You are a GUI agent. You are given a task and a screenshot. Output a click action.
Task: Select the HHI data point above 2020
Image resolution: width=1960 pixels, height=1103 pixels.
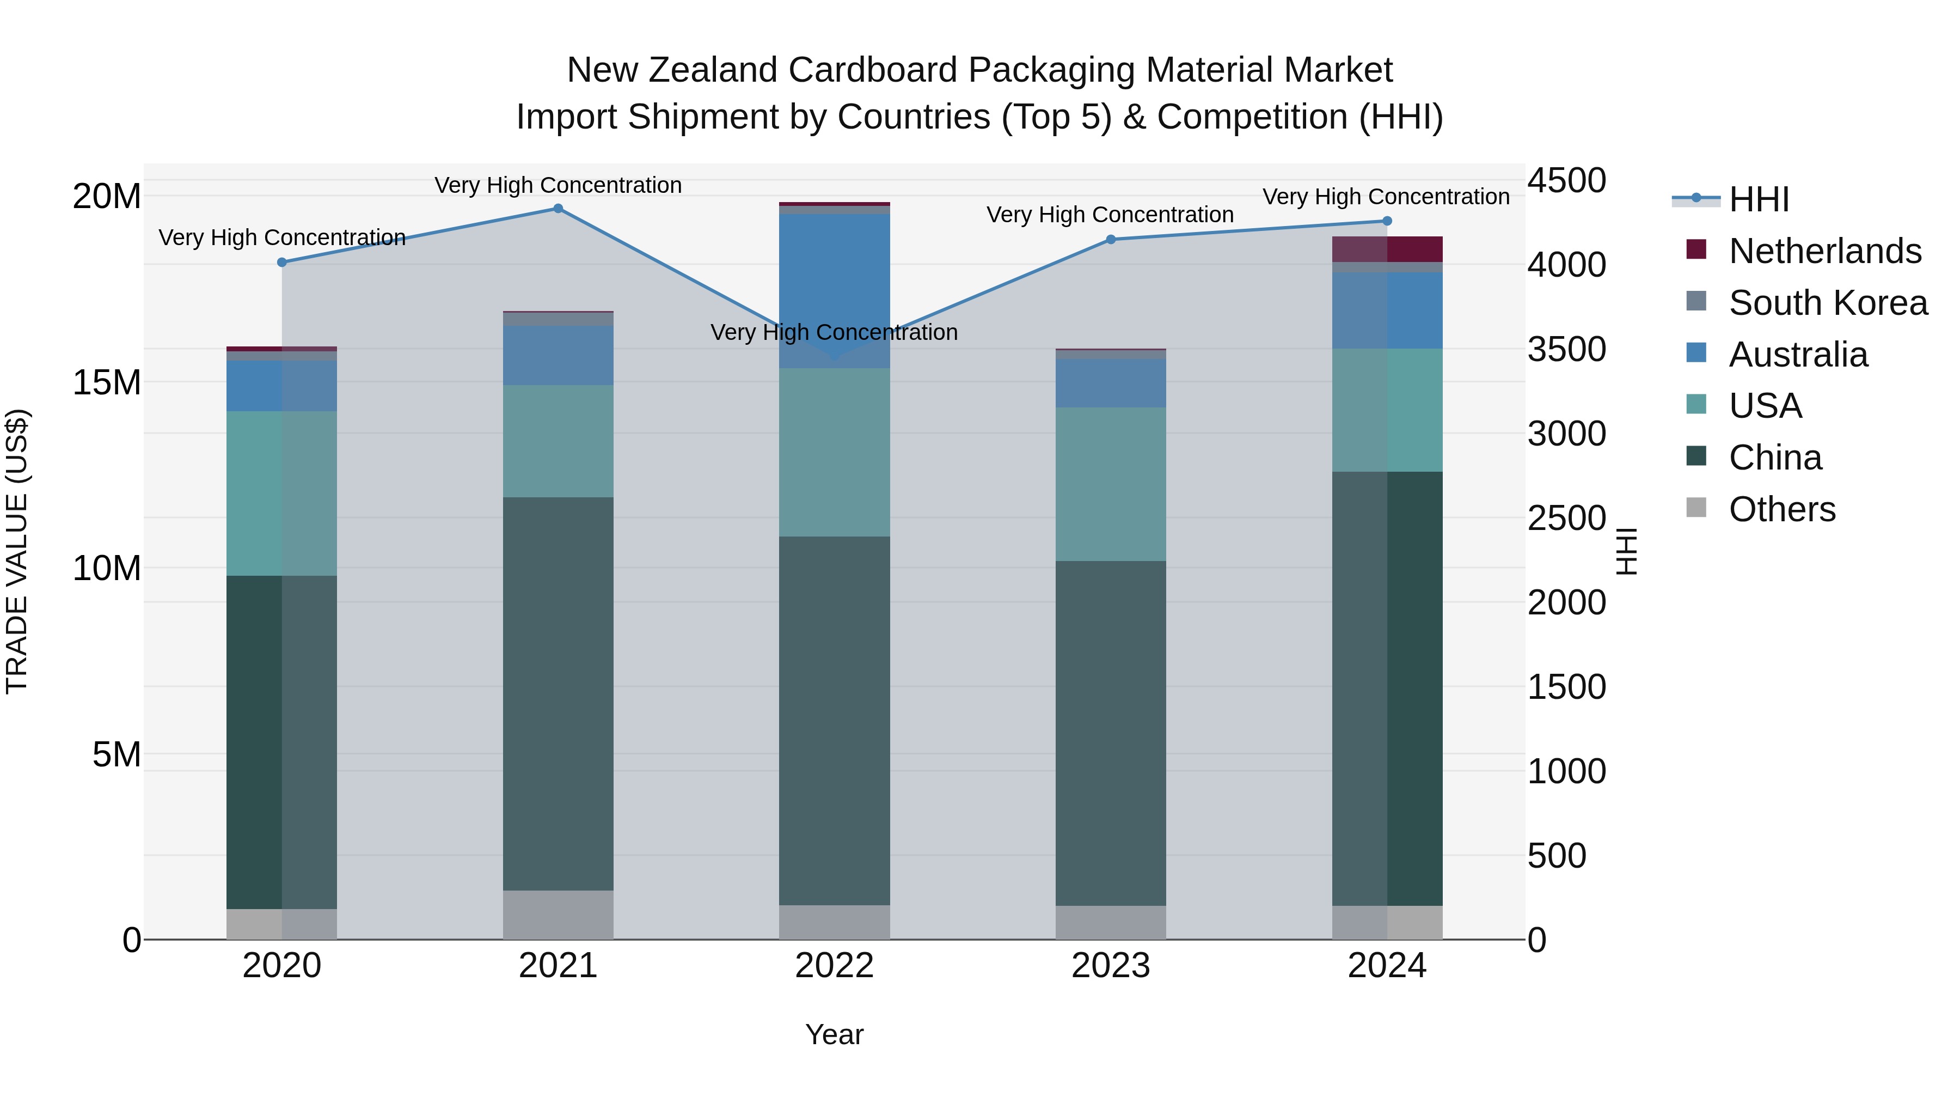(x=281, y=262)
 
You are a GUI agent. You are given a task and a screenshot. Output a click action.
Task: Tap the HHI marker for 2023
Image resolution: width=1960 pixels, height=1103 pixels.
(x=1110, y=239)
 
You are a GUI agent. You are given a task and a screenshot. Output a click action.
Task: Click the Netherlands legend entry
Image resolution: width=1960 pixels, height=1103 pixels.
(x=1824, y=251)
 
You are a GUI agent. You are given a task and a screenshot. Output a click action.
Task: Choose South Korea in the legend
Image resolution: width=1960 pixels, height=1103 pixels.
(x=1827, y=303)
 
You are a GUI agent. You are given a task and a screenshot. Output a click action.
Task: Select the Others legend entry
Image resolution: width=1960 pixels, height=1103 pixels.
(x=1781, y=509)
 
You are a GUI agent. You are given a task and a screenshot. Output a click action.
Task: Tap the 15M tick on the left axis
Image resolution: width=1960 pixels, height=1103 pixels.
(x=107, y=382)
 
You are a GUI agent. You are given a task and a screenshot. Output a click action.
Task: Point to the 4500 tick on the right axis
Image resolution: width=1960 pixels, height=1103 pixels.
(x=1566, y=181)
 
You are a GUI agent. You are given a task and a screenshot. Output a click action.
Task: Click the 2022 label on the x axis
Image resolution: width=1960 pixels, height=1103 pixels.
(x=834, y=966)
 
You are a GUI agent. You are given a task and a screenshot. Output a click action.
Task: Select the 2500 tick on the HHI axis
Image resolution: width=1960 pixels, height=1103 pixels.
(x=1566, y=519)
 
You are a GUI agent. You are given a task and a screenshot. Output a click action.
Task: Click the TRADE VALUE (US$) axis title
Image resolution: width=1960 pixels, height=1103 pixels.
(x=17, y=551)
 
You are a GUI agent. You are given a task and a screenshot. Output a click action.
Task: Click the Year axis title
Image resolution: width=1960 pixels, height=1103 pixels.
(x=834, y=1034)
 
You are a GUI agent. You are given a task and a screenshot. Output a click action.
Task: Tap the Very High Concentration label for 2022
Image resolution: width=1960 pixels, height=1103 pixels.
(x=834, y=333)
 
